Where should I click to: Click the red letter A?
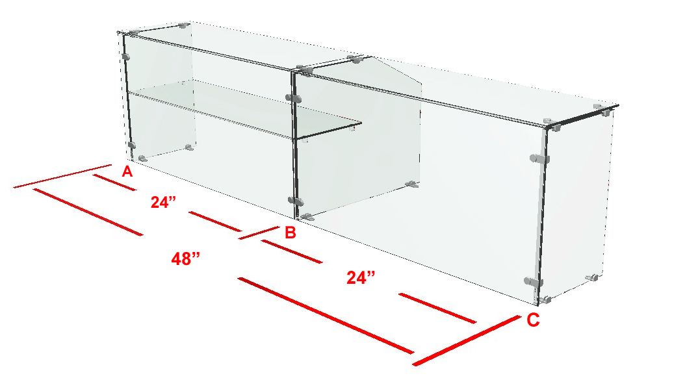coord(127,171)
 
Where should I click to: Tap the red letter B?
coord(291,233)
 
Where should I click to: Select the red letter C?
coord(533,320)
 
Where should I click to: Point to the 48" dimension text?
coord(186,259)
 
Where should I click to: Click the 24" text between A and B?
coord(163,202)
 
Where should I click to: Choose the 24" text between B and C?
coord(361,277)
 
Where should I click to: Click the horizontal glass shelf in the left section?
coord(244,111)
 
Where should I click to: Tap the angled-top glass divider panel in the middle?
coord(358,135)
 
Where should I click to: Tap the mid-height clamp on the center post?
coord(293,97)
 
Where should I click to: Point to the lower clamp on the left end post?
coord(131,145)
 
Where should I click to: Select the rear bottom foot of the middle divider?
coord(412,184)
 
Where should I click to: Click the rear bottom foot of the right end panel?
coord(592,277)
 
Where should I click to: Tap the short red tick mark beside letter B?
coord(259,233)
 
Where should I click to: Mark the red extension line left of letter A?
coord(63,177)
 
